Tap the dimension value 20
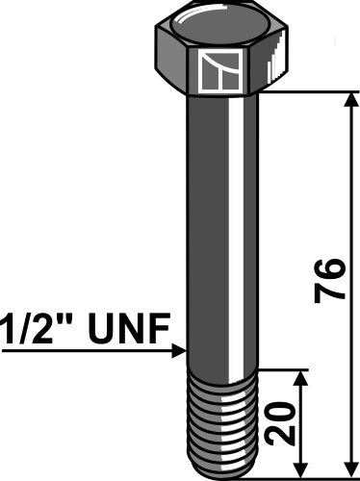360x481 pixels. (280, 423)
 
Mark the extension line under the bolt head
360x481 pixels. (308, 91)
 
